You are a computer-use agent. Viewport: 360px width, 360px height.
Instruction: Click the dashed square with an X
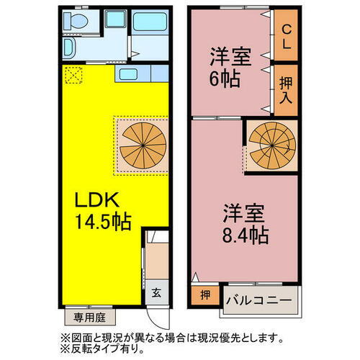pos(73,74)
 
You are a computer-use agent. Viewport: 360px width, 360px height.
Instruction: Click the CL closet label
pos(286,37)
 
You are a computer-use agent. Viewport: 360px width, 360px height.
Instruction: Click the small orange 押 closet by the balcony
pos(205,296)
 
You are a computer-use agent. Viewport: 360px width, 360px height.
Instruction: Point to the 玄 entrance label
pos(157,294)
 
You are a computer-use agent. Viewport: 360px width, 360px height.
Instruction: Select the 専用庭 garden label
pos(89,315)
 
